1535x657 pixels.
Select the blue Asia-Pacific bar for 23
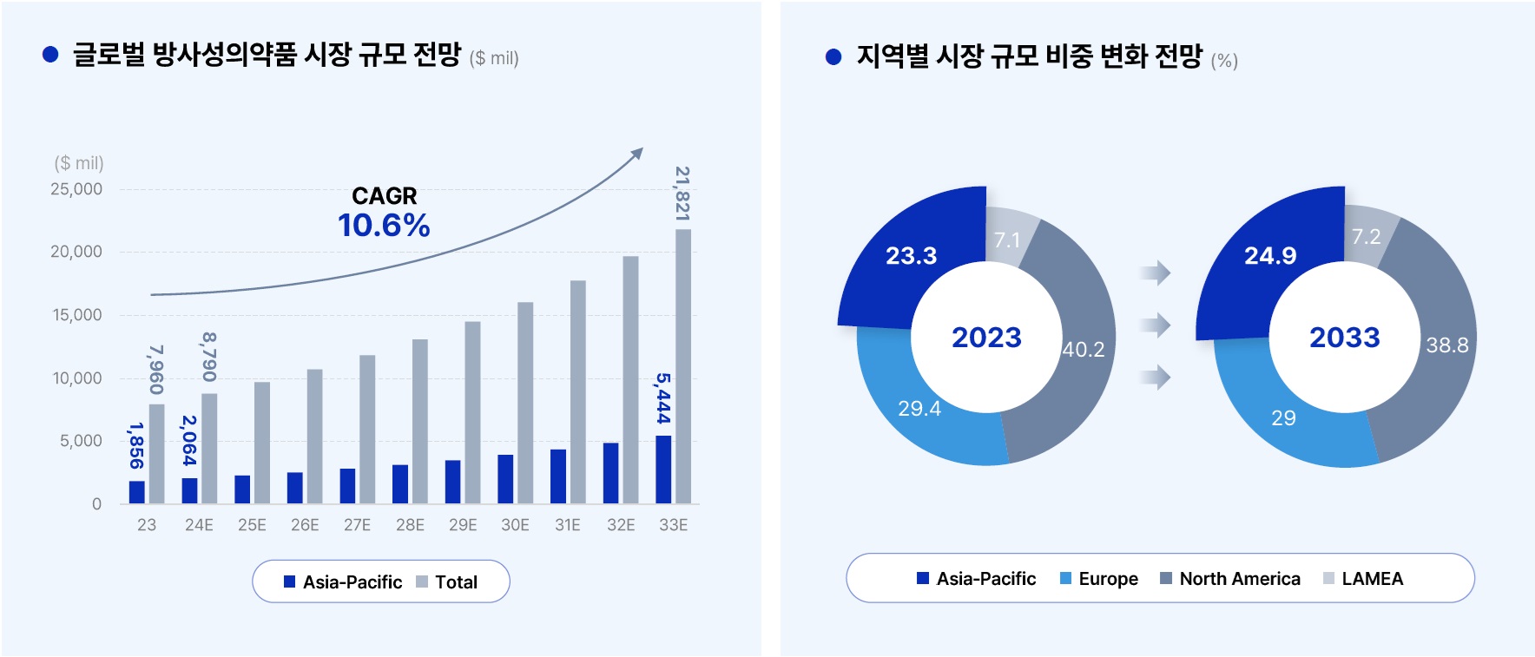click(x=136, y=492)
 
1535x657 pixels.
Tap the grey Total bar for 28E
click(x=420, y=421)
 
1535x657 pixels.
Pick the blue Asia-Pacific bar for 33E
click(x=663, y=470)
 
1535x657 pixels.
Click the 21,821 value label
click(x=682, y=194)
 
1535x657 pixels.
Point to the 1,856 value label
click(x=135, y=445)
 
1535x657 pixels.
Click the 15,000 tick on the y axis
click(x=77, y=315)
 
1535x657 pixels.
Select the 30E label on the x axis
click(x=515, y=525)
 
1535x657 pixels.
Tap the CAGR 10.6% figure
click(x=384, y=226)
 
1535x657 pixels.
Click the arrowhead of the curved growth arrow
click(x=637, y=153)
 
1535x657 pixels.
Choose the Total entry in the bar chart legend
click(x=447, y=582)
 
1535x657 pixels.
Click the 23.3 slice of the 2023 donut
click(x=911, y=255)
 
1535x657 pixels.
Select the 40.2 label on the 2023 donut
click(x=1084, y=349)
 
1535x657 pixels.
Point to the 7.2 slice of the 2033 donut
click(x=1366, y=236)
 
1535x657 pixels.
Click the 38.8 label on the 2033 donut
click(x=1446, y=345)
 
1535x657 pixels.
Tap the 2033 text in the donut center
click(x=1344, y=337)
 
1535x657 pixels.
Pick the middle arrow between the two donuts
click(x=1156, y=325)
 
